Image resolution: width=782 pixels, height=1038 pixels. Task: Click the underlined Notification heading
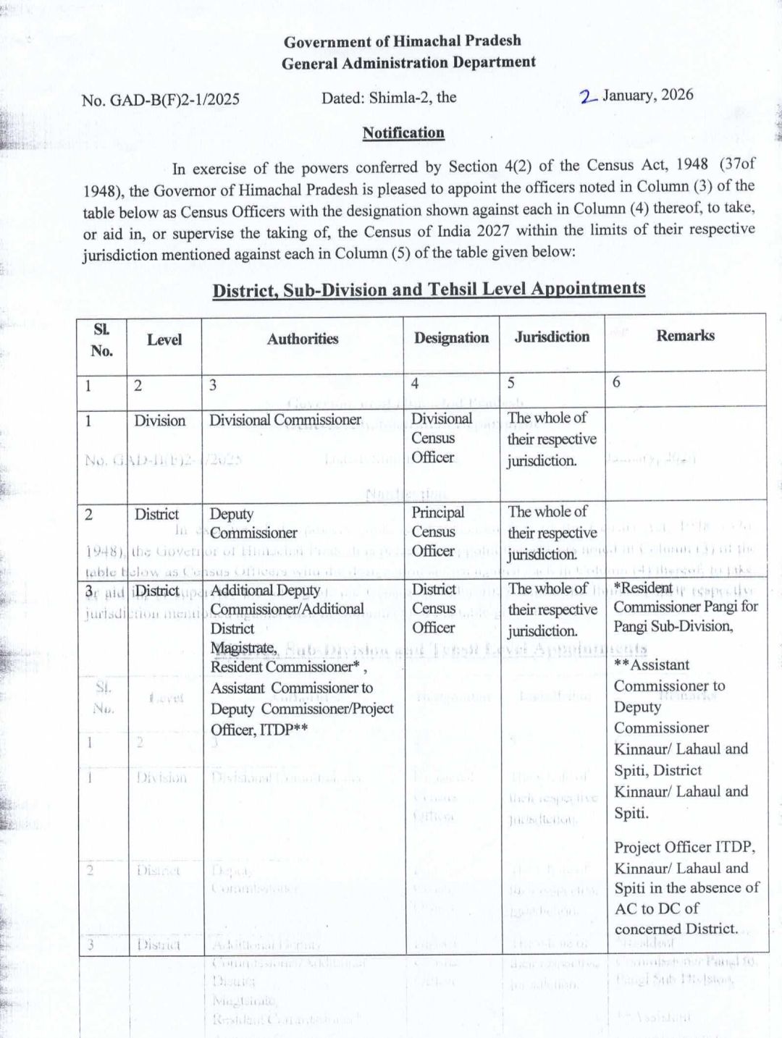pos(403,132)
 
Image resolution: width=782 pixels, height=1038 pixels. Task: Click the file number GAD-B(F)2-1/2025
pos(174,100)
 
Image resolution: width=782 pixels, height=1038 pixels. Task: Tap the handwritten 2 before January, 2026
pos(588,97)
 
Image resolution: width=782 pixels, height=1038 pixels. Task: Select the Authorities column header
pos(302,339)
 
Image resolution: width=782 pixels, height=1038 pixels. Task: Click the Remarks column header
pos(685,335)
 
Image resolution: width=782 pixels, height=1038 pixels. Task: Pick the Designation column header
pos(451,337)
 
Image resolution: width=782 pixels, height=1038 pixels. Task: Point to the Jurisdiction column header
pos(552,337)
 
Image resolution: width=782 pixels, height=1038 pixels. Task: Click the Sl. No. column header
pos(101,340)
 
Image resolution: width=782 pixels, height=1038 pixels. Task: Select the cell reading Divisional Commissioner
pos(285,420)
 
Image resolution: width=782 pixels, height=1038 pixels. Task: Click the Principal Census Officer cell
pos(437,531)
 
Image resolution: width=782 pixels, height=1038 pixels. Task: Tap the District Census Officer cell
pos(434,608)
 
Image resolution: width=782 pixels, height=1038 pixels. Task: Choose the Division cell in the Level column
pos(159,421)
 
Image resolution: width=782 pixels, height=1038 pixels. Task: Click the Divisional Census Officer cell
pos(441,438)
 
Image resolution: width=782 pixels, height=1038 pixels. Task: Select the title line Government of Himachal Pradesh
pos(402,41)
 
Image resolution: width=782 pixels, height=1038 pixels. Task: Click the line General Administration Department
pos(408,63)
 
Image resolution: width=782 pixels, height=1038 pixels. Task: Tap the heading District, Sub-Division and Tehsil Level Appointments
pos(428,290)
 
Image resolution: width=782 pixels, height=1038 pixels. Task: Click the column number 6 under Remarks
pos(616,382)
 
